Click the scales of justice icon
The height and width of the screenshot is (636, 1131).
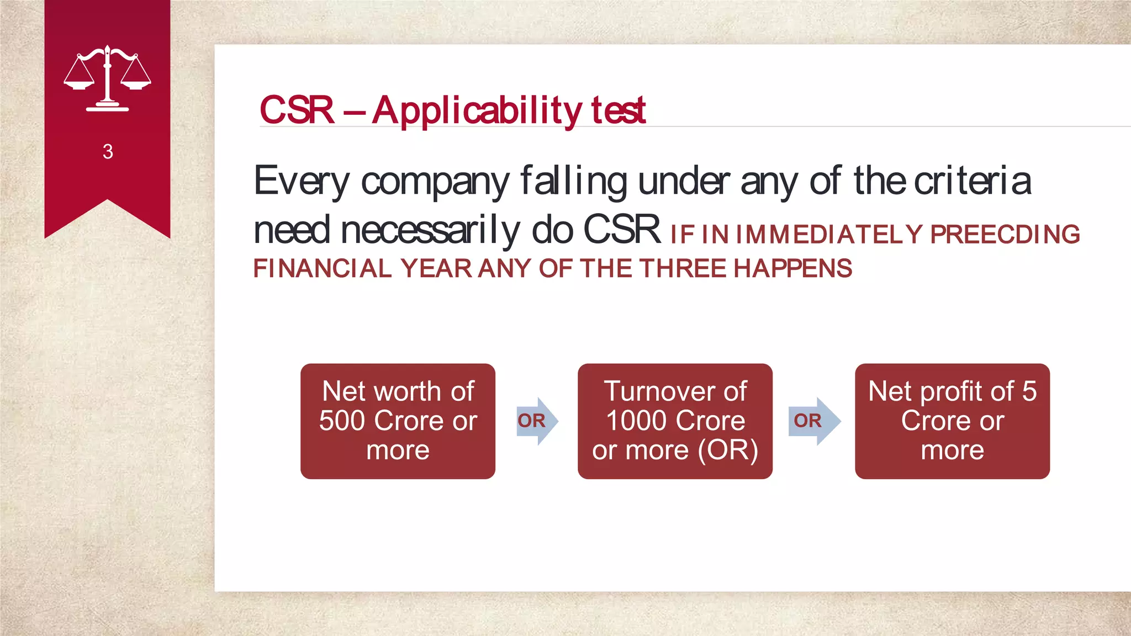[x=107, y=79]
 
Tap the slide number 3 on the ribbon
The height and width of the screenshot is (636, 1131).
[x=108, y=152]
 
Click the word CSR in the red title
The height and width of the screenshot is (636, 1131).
[x=297, y=110]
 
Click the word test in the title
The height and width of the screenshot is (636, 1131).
[x=618, y=111]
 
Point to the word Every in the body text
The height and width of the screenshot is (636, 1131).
[x=302, y=182]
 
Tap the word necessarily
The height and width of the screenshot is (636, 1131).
[x=430, y=230]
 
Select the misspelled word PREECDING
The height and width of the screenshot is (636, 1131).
[x=1005, y=235]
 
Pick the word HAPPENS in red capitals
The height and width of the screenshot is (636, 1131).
[x=792, y=269]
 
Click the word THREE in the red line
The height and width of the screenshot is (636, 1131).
[x=683, y=269]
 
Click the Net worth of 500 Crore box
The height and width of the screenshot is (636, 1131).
[x=398, y=421]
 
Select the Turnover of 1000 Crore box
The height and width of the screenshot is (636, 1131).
[x=675, y=421]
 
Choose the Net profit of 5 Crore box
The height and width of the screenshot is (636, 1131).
[x=952, y=421]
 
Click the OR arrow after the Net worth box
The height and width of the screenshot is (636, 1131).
[x=536, y=421]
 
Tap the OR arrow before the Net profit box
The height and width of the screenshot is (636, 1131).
[x=812, y=421]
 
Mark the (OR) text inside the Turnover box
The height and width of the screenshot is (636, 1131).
[x=727, y=450]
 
